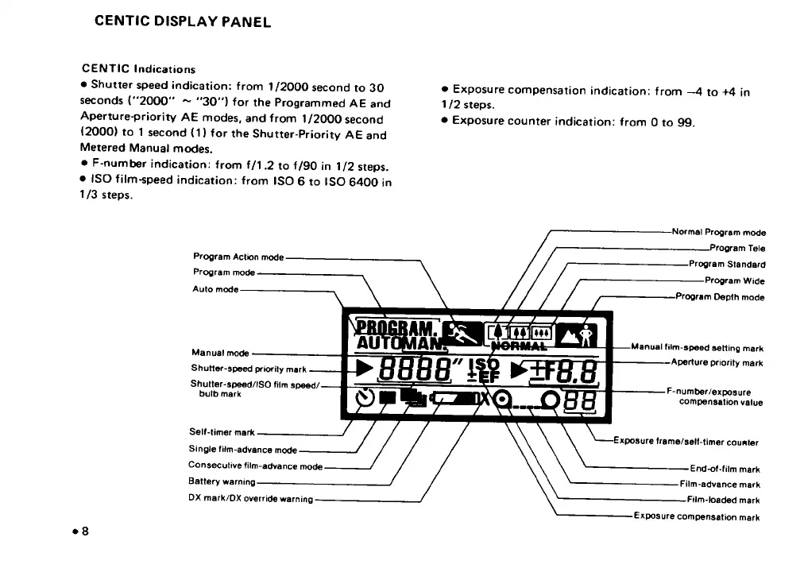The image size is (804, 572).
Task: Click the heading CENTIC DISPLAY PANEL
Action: [183, 21]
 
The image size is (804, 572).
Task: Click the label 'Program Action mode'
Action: [238, 257]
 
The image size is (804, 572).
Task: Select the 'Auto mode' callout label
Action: [215, 289]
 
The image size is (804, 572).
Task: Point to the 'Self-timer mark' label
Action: [222, 433]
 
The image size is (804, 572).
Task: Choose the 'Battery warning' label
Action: [222, 481]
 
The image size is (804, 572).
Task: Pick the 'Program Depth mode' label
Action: [720, 297]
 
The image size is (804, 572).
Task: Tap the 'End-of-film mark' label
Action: [725, 469]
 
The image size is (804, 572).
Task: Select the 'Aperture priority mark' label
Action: [717, 363]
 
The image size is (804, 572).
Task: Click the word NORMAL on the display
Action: [520, 346]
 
